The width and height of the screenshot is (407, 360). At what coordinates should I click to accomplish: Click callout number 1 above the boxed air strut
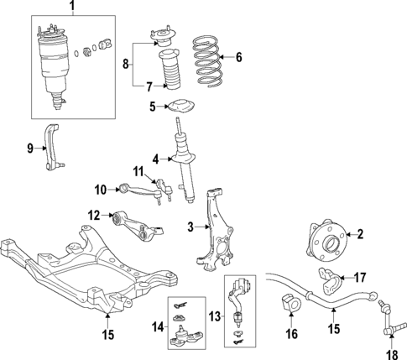click(71, 8)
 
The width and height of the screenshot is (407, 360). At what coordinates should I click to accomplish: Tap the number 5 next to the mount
click(154, 106)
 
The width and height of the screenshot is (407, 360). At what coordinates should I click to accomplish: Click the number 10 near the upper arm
click(100, 190)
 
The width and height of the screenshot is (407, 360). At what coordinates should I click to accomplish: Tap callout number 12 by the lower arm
click(93, 215)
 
